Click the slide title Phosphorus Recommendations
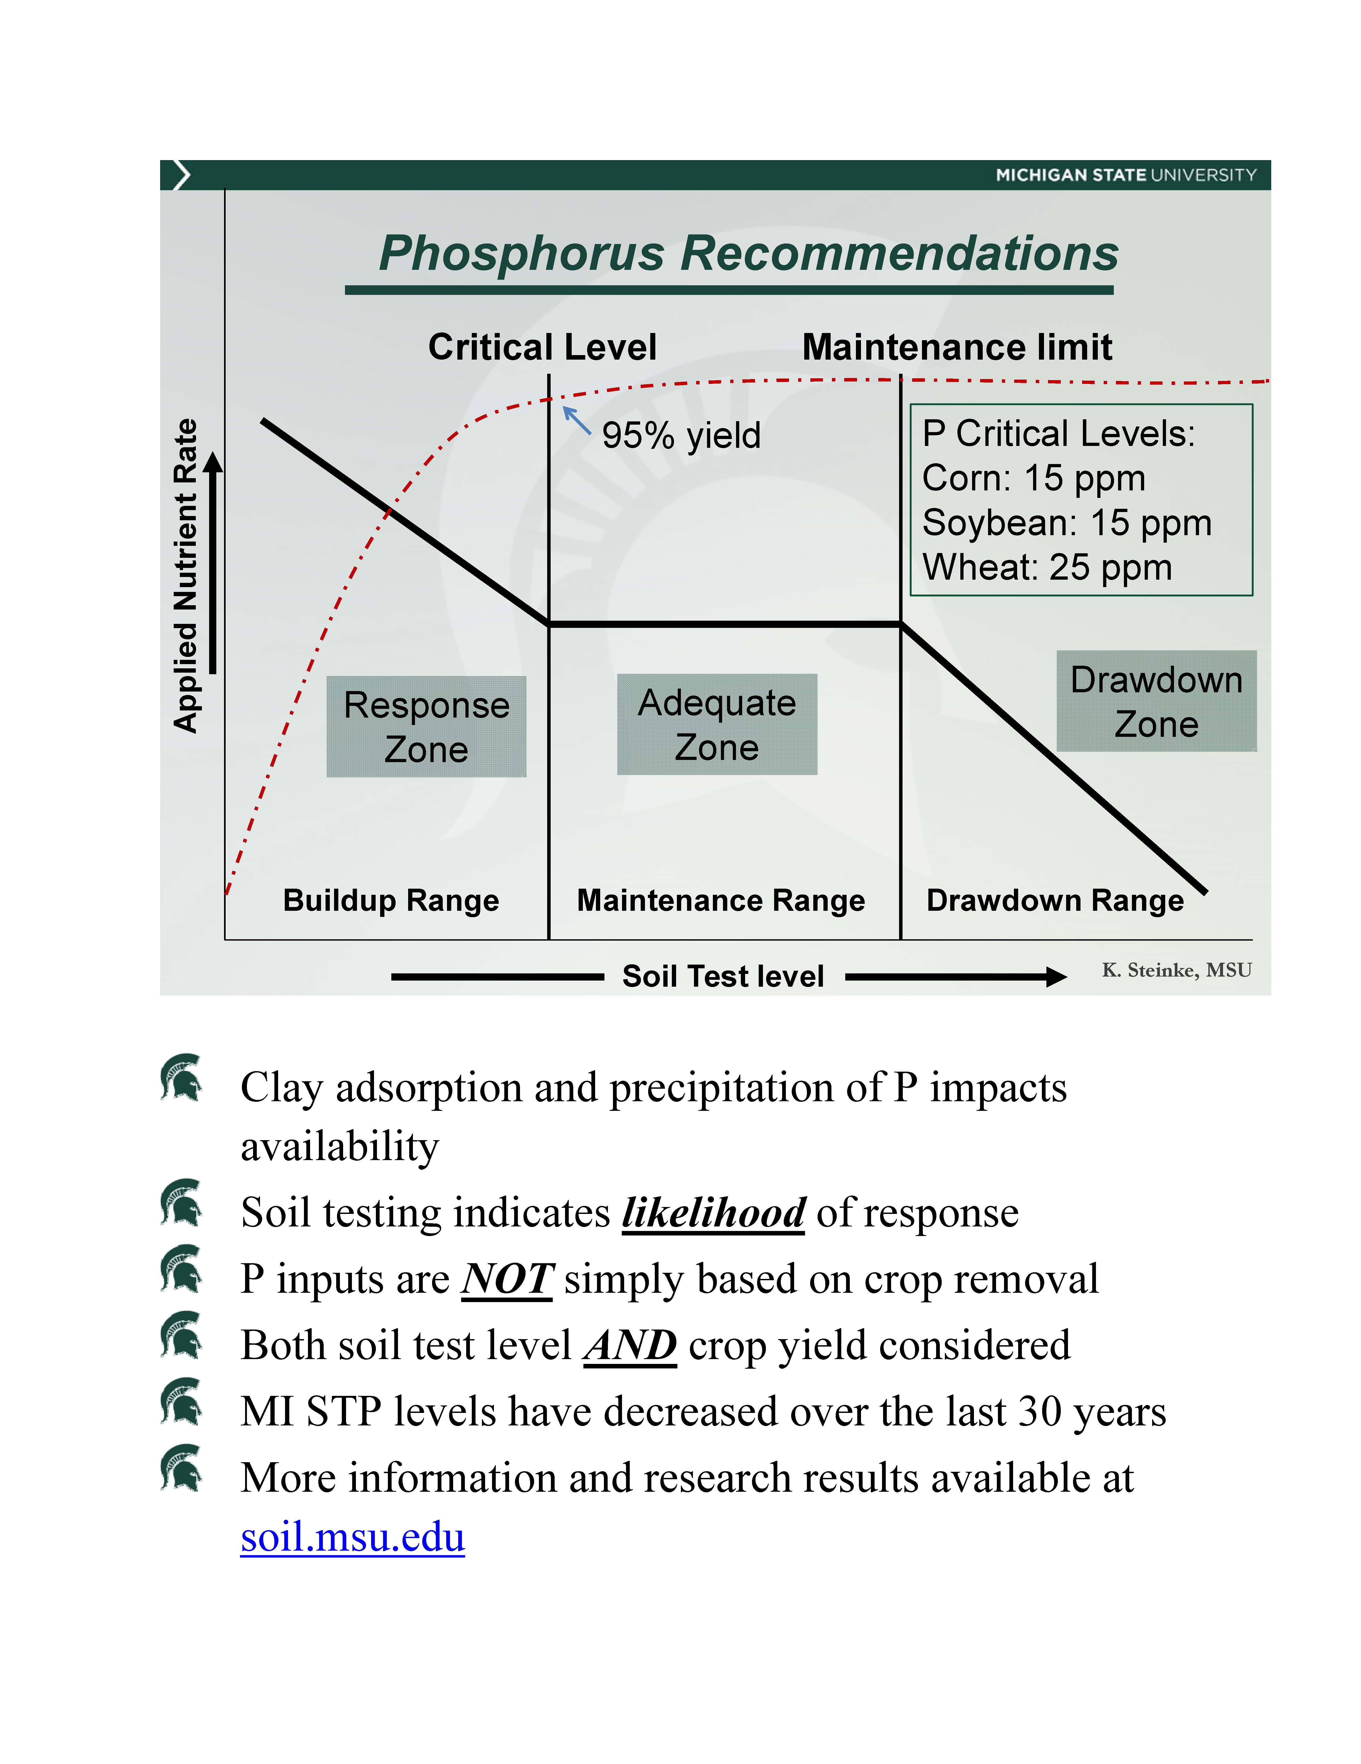click(x=748, y=254)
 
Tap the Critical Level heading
click(x=542, y=347)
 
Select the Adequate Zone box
click(x=716, y=725)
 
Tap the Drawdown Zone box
click(x=1156, y=701)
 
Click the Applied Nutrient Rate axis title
click(x=186, y=575)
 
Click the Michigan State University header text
click(x=1125, y=175)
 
